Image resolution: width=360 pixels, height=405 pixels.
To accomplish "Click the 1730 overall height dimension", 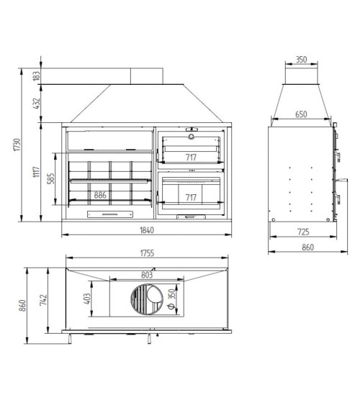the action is point(17,145).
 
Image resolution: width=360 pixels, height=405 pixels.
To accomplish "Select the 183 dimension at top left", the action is point(37,76).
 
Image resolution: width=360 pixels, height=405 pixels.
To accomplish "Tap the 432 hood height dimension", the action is point(37,104).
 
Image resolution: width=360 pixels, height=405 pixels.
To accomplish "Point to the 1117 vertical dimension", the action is point(37,172).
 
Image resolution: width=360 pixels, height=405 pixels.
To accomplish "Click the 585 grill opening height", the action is point(51,178).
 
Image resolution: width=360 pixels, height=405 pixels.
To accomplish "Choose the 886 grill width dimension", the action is point(100,195).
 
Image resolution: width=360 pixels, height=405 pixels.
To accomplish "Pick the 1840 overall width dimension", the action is point(147,230).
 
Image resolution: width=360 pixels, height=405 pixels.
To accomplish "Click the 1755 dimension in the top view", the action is point(147,253).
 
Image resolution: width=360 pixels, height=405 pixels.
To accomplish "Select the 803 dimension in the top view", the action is point(147,275).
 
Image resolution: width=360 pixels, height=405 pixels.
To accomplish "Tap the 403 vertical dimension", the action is point(87,299).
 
